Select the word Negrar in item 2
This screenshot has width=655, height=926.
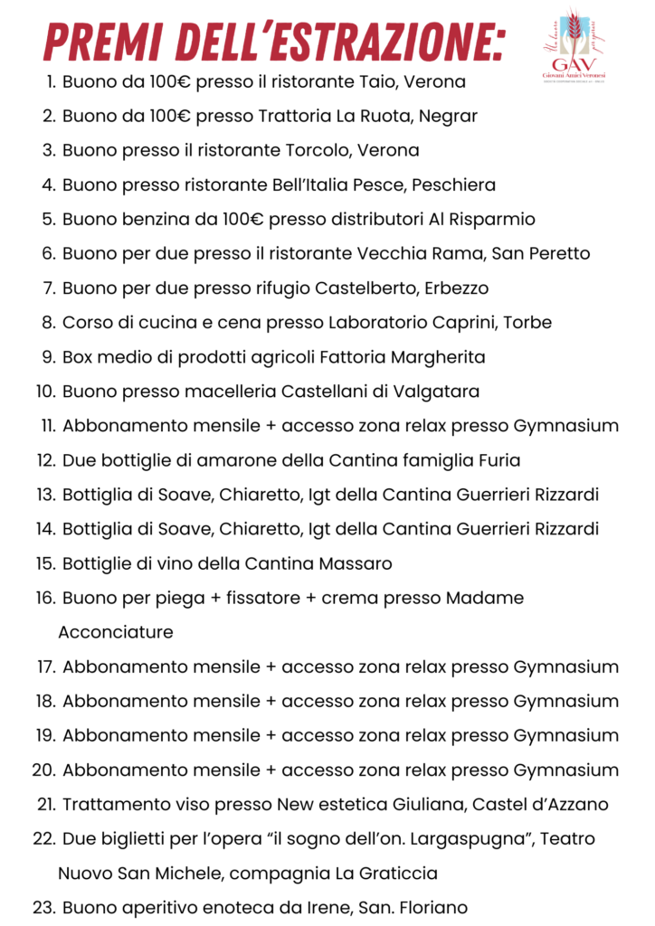pos(447,117)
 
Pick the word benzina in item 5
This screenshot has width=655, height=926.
pos(150,220)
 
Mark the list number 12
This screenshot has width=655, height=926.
pos(46,460)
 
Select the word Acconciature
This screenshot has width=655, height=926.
pos(116,632)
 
